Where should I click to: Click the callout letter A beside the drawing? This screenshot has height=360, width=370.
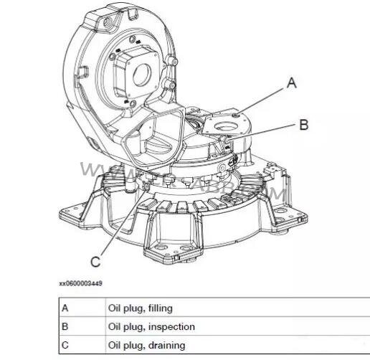tap(291, 83)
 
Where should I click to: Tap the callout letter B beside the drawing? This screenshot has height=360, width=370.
tap(303, 125)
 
